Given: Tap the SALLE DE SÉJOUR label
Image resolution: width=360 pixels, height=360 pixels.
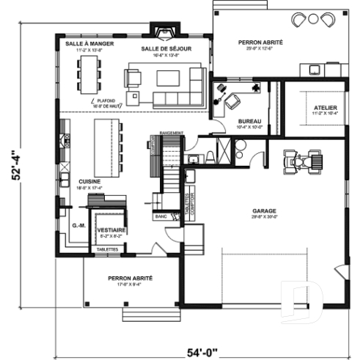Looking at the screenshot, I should pos(166,48).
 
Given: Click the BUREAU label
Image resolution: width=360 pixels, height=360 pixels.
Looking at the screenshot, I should pos(249,122).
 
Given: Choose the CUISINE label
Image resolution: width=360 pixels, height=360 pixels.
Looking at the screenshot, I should pos(90,180).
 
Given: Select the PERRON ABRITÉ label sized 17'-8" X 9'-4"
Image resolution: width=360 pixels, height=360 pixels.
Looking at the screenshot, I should pos(130,279).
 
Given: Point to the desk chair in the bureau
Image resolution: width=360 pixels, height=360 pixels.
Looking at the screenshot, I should pos(233,100).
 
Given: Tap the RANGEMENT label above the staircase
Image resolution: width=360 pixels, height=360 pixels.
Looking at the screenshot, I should pos(170,133).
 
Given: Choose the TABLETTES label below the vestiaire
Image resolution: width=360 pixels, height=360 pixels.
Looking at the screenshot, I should pos(105,249).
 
